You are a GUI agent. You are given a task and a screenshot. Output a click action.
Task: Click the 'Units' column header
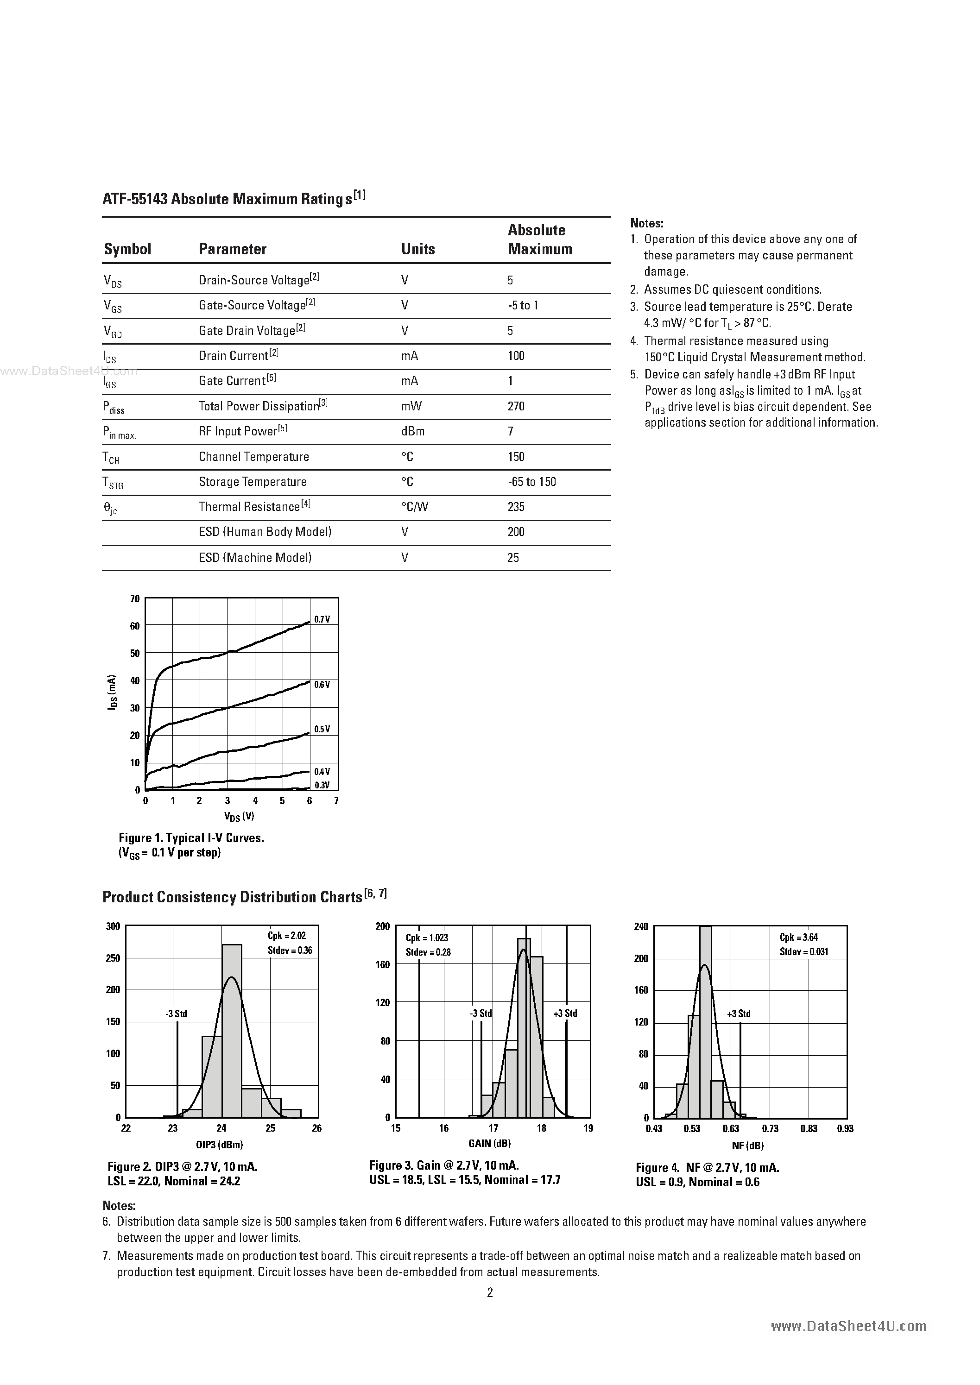coord(417,249)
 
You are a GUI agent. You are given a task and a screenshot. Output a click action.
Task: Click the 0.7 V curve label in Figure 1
coord(322,619)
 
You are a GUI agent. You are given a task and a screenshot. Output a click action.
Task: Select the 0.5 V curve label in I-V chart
coord(322,729)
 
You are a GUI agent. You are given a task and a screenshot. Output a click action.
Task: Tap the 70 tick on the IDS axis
coord(134,599)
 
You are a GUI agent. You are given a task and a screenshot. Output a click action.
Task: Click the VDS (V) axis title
coord(239,816)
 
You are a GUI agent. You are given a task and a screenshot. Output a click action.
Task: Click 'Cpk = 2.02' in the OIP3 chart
coord(287,936)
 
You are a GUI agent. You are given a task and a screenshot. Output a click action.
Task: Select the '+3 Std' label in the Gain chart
coord(565,1014)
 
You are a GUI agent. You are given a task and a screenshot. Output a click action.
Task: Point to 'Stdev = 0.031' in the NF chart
coord(804,952)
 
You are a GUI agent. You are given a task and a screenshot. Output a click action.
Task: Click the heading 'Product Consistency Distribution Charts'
coord(232,897)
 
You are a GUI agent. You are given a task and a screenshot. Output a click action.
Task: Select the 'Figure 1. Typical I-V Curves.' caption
coord(191,838)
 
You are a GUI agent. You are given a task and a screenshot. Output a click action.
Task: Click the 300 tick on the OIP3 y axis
coord(114,926)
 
